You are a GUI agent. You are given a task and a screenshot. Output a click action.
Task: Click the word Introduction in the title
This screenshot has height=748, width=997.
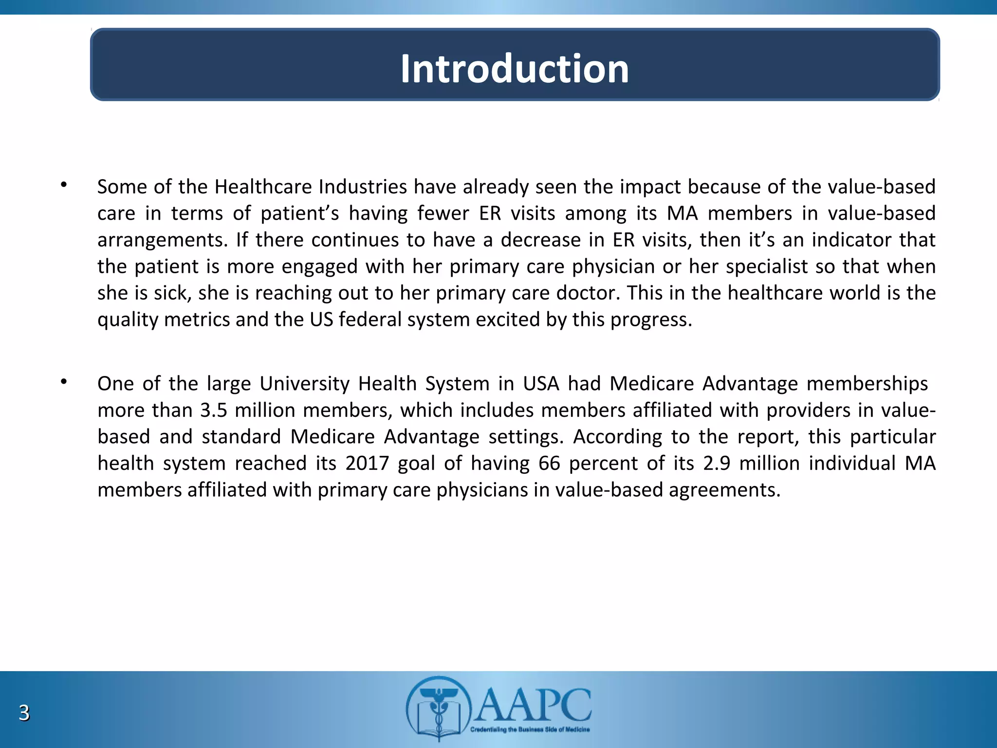click(515, 69)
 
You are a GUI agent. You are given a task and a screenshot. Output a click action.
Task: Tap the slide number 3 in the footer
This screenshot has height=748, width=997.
click(24, 712)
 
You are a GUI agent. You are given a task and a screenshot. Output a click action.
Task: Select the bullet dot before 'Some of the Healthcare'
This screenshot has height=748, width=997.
click(63, 185)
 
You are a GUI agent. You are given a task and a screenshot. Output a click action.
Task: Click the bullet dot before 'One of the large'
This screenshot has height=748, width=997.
click(63, 382)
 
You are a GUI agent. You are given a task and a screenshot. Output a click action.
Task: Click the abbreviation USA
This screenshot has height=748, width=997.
click(541, 384)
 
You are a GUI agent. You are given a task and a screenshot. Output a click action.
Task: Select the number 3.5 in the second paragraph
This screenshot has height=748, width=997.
click(213, 411)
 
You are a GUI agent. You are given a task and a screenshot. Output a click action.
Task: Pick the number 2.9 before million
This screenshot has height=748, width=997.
click(717, 463)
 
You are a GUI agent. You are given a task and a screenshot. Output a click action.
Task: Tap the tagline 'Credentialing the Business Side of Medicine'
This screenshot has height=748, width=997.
click(530, 729)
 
